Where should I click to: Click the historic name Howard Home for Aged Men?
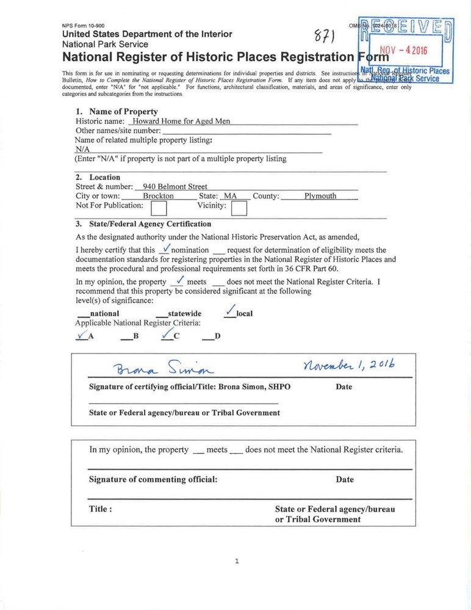point(181,121)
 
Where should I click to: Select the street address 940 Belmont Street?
point(174,186)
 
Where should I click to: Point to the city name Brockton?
point(158,196)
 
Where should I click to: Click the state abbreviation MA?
point(230,196)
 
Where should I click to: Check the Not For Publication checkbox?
point(159,209)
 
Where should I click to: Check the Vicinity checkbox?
point(239,209)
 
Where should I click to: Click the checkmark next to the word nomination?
point(165,249)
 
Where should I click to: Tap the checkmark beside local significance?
point(230,311)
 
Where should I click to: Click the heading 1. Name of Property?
point(117,112)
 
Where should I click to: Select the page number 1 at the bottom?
point(236,561)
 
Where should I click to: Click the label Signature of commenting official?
point(153,479)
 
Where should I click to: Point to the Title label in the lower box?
point(100,509)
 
